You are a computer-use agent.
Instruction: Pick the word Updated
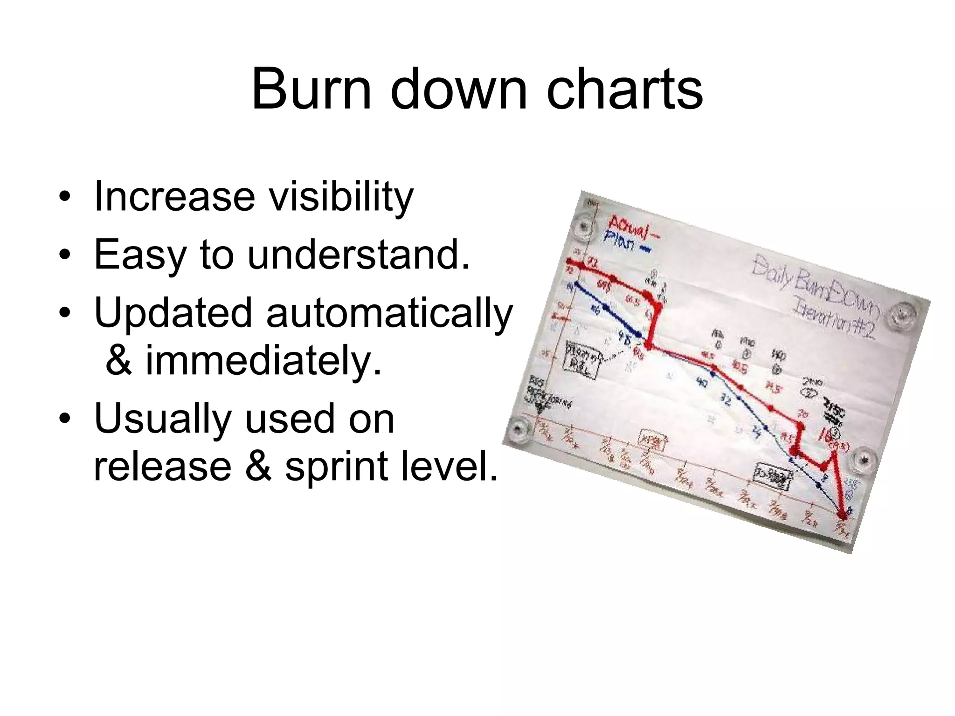(173, 312)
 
